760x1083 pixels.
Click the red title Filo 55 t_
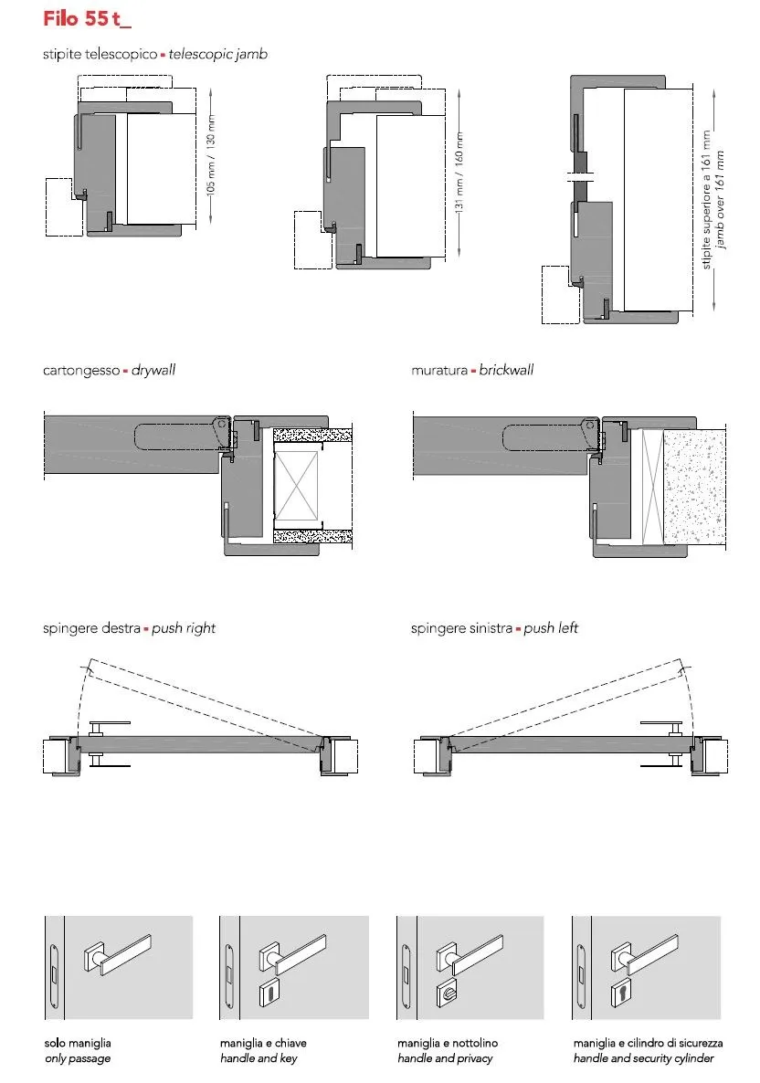pyautogui.click(x=87, y=18)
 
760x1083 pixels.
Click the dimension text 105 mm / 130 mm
pyautogui.click(x=211, y=154)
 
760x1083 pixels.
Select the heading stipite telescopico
pyautogui.click(x=100, y=54)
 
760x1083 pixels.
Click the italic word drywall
pyautogui.click(x=153, y=370)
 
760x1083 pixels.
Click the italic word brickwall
pyautogui.click(x=506, y=370)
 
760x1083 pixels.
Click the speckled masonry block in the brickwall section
pyautogui.click(x=693, y=486)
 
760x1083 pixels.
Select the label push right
pyautogui.click(x=184, y=628)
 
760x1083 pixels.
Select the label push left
pyautogui.click(x=551, y=628)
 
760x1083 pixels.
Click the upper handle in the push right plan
pyautogui.click(x=110, y=726)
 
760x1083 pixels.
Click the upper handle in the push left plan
pyautogui.click(x=661, y=726)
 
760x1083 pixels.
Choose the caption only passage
pyautogui.click(x=78, y=1058)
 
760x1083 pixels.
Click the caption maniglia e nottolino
pyautogui.click(x=447, y=1043)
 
